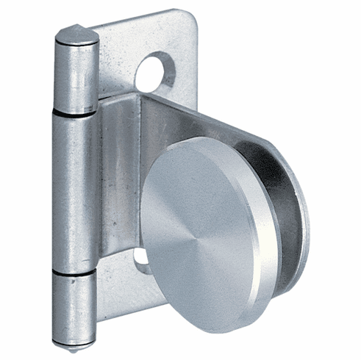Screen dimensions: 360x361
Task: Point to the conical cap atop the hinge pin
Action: [x=76, y=34]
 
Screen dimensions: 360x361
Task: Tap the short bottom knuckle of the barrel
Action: [x=76, y=305]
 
